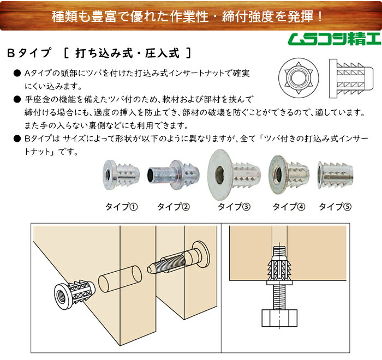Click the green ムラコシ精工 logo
[x=334, y=39]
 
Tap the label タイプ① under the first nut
[x=122, y=207]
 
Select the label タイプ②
[x=174, y=207]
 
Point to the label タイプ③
[x=234, y=207]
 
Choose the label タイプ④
[x=289, y=207]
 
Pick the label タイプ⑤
[x=335, y=207]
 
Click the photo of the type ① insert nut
[x=121, y=175]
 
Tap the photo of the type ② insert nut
[x=174, y=175]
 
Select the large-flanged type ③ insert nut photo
[x=234, y=175]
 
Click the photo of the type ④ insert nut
[x=289, y=175]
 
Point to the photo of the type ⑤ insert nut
[x=335, y=175]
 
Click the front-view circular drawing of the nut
[x=299, y=78]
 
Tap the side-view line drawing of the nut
[x=351, y=79]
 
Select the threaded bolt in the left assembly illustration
[x=178, y=257]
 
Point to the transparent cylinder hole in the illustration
[x=120, y=278]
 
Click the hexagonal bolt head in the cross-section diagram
[x=279, y=318]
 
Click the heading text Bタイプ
[x=29, y=53]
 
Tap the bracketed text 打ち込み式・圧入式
[x=127, y=53]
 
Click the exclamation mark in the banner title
[x=320, y=16]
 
